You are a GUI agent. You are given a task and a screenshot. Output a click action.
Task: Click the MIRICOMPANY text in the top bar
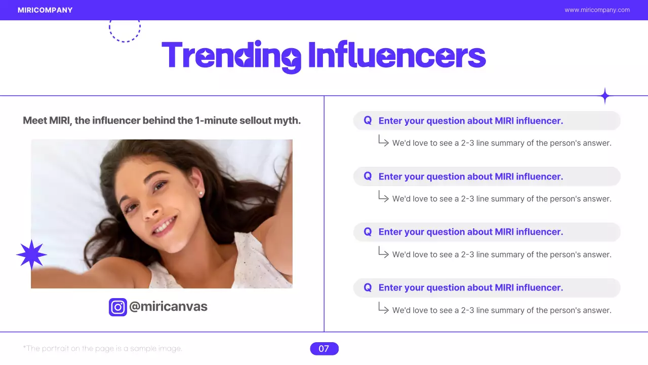(45, 10)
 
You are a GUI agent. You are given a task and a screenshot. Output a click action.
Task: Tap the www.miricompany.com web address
(597, 10)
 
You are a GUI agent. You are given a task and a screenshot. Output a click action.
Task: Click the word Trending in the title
(231, 56)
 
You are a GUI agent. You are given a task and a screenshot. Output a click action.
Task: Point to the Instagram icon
(118, 307)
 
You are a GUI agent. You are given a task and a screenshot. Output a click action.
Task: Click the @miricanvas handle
(168, 307)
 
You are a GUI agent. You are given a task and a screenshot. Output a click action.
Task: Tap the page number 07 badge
(324, 349)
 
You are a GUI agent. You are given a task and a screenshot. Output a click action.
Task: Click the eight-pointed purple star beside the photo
(31, 255)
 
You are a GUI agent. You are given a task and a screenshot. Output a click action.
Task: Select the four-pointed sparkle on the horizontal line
(604, 96)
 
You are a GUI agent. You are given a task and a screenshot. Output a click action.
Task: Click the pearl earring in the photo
(201, 193)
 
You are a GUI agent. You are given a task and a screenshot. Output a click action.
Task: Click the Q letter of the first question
(368, 121)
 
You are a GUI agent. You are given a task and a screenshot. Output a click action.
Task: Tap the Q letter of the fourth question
(368, 288)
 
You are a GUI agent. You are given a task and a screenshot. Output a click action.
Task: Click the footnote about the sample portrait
(103, 349)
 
